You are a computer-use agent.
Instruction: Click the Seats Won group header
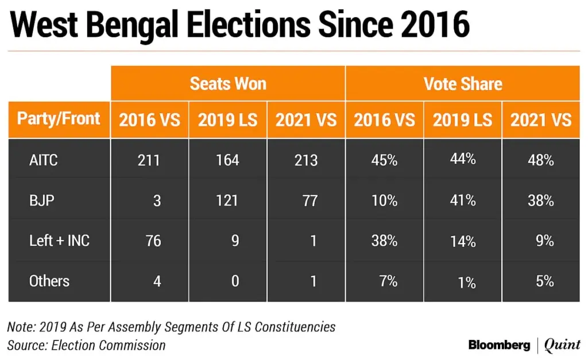(228, 84)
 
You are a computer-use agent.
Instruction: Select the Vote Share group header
(463, 84)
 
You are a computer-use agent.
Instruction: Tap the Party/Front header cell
(59, 119)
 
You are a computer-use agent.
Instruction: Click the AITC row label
(44, 160)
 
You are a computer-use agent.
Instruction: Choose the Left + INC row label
(60, 240)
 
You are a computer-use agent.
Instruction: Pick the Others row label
(49, 281)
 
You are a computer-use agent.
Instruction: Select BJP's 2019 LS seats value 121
(227, 200)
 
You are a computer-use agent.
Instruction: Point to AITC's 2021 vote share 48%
(541, 160)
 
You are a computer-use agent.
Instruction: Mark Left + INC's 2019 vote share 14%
(462, 241)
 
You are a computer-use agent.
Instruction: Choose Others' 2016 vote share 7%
(388, 281)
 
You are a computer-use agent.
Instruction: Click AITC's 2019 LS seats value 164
(227, 160)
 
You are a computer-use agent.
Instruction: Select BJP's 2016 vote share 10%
(384, 200)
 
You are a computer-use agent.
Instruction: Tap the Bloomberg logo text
(499, 345)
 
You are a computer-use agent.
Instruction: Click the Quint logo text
(562, 345)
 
